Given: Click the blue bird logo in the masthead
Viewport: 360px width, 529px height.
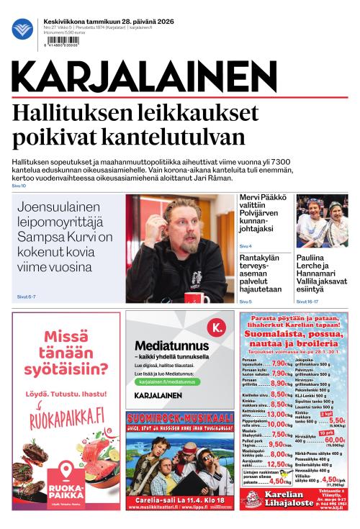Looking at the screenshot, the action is pyautogui.click(x=22, y=30).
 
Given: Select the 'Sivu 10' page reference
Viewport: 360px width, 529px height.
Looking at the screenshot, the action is pyautogui.click(x=19, y=186).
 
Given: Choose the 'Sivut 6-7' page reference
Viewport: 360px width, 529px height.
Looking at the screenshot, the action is pyautogui.click(x=26, y=297).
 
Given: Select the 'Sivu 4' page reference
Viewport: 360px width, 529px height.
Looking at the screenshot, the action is pyautogui.click(x=246, y=246).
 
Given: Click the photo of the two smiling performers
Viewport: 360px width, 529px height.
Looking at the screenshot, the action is pyautogui.click(x=322, y=221).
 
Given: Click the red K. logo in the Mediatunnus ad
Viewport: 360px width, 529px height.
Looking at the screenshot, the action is pyautogui.click(x=214, y=330).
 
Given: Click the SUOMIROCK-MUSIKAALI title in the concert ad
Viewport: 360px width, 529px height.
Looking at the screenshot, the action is pyautogui.click(x=180, y=418).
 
